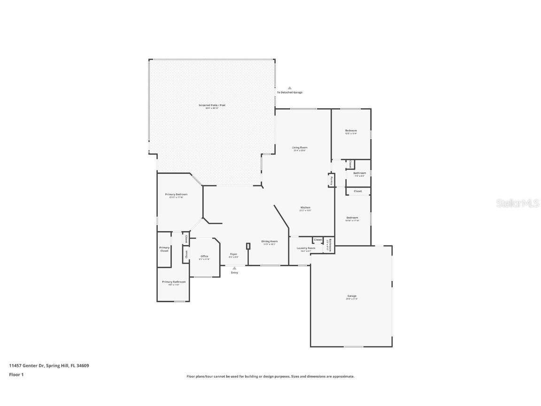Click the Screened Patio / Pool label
coord(212,105)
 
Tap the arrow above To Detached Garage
coord(290,88)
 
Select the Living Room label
coord(300,148)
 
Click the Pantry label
coord(331,180)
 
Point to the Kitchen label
coord(305,208)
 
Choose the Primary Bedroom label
coord(176,195)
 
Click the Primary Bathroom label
coord(174,282)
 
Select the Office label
coord(204,256)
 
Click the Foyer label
coord(233,254)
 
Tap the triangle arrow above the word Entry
coord(234,268)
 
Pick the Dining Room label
coord(269,242)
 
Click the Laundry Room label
coord(306,248)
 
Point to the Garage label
coord(352,296)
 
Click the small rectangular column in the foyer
coord(248,246)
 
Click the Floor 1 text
coord(16,375)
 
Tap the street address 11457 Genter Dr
coord(26,366)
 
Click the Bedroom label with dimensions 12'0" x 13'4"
coord(351,131)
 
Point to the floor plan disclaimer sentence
coord(270,376)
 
